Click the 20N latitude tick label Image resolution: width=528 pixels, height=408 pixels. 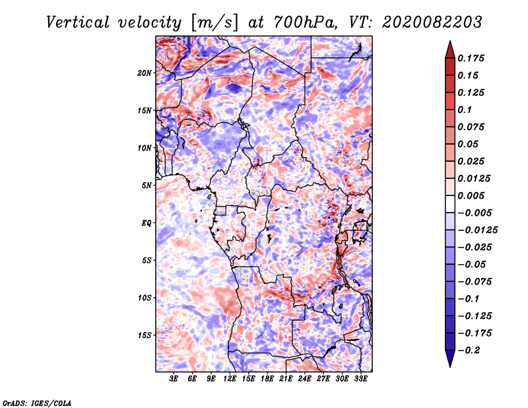[x=145, y=73]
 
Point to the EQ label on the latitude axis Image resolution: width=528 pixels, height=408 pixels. [x=147, y=222]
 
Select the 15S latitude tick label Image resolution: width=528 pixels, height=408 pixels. [x=145, y=335]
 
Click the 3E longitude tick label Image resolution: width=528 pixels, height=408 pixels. [x=174, y=379]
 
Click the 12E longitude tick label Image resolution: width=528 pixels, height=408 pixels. [x=230, y=379]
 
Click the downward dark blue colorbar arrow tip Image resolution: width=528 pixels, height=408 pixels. [x=449, y=365]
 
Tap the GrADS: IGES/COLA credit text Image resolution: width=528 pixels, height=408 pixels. [x=36, y=402]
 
